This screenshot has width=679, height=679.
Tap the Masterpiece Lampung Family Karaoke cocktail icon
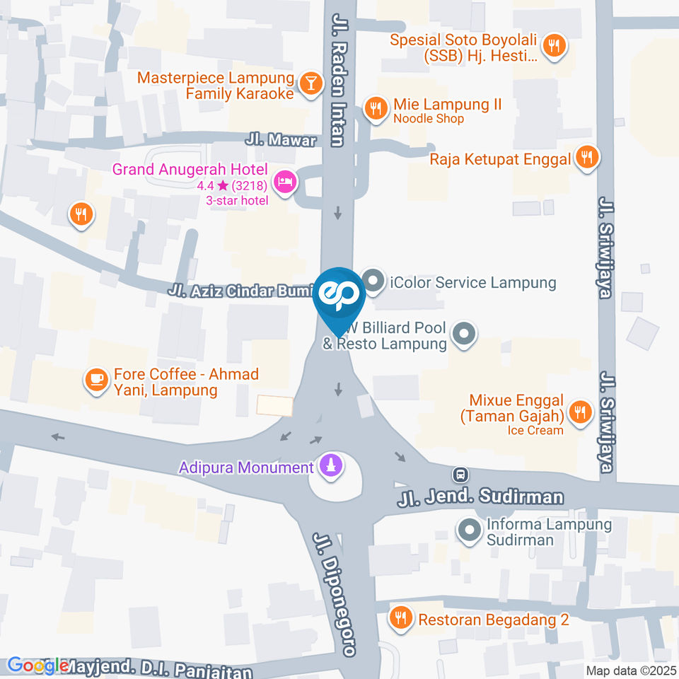coord(309,84)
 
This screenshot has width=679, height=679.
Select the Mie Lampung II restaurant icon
coord(375,109)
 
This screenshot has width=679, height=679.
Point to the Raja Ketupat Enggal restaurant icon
coord(586,157)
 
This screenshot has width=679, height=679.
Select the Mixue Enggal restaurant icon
coord(580,412)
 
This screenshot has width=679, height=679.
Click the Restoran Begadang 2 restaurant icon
coord(401,619)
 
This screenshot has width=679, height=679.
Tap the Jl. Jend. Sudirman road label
coord(481,497)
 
